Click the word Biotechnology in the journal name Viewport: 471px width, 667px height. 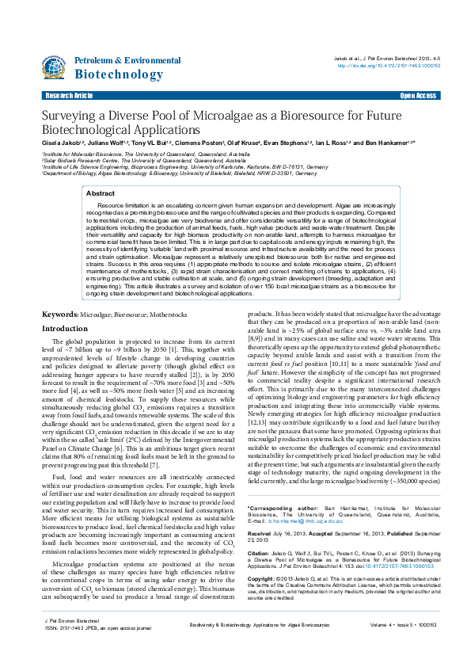(118, 74)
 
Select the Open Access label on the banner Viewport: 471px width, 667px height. (417, 96)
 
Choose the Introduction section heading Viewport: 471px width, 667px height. (65, 350)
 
